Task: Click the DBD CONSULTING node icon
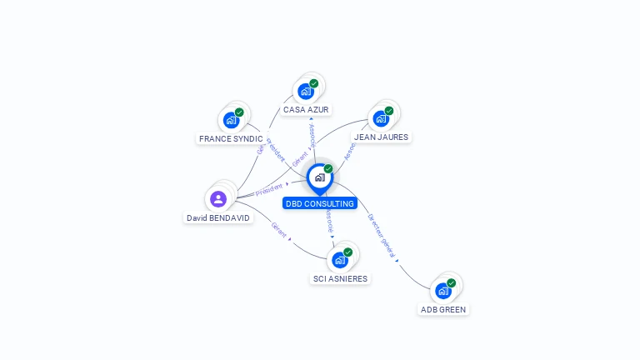coord(319,177)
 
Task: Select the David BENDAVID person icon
coord(218,198)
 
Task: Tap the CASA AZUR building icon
coord(306,92)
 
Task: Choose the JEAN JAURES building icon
coord(381,118)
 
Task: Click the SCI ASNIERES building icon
coord(340,260)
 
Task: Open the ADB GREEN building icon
coord(443,291)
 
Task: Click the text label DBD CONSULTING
coord(320,203)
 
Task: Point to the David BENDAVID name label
coord(217,217)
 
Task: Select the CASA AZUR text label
coord(306,109)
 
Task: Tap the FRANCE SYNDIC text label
coord(231,138)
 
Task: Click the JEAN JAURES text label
coord(382,137)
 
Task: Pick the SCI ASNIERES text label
coord(340,278)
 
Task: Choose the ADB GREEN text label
coord(443,309)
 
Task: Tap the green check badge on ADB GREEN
coord(451,283)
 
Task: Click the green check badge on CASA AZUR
coord(314,83)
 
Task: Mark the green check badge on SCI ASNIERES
coord(347,252)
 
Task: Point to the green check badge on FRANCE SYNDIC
coord(239,112)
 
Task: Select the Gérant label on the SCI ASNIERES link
coord(278,229)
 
